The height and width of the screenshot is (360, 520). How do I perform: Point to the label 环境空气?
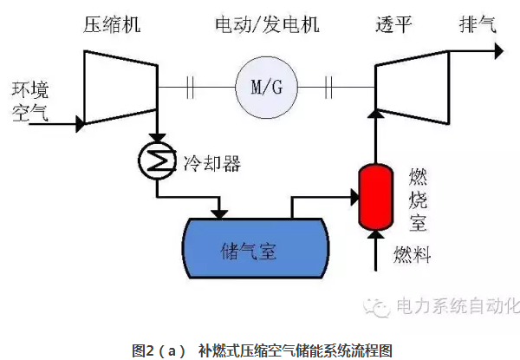[x=29, y=99]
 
